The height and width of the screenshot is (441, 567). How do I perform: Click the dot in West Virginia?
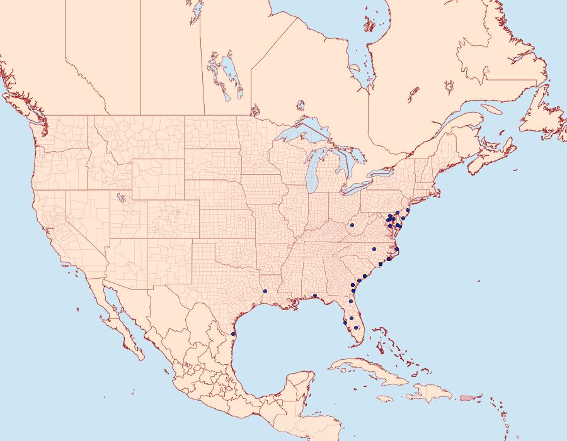click(x=352, y=225)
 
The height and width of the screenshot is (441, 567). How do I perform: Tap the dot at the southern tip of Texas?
click(x=234, y=334)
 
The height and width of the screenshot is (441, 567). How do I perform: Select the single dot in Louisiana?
click(x=265, y=291)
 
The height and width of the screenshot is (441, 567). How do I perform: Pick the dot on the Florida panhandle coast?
click(x=314, y=296)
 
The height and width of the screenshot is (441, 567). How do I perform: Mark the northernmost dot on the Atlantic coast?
click(x=408, y=209)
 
